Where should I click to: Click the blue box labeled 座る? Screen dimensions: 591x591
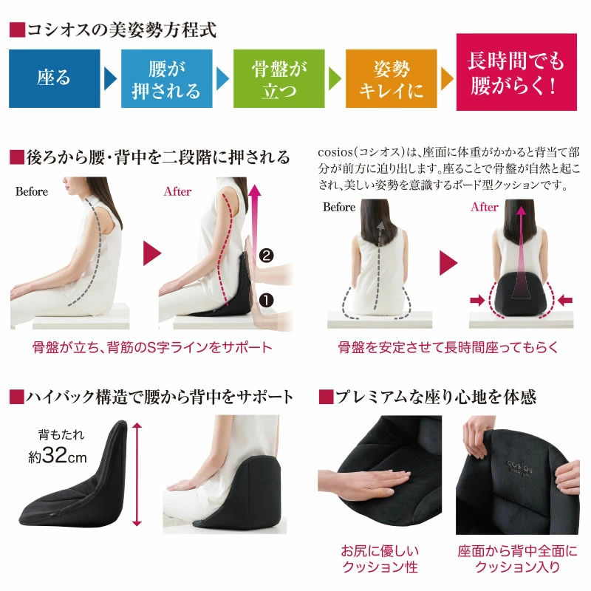54,78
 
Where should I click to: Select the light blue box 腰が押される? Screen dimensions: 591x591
165,78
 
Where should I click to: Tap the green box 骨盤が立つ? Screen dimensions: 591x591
279,78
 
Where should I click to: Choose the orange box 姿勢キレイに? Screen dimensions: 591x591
391,78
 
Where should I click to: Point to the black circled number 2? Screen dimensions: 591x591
267,256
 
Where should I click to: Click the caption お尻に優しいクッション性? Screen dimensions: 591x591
379,559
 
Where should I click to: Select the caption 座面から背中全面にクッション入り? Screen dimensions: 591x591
516,559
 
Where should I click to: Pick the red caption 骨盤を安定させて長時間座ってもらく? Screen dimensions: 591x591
448,346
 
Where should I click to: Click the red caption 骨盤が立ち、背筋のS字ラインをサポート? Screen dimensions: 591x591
153,346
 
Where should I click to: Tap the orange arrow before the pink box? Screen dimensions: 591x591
447,78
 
